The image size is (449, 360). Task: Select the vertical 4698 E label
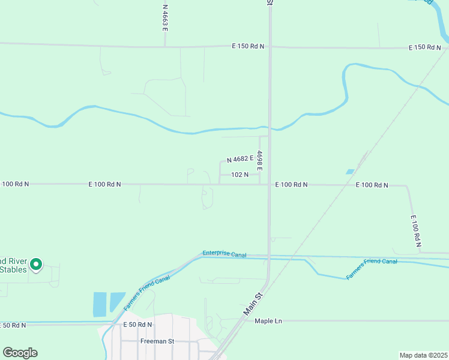coord(260,160)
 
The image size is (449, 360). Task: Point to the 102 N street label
coord(240,175)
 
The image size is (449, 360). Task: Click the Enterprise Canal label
coord(224,254)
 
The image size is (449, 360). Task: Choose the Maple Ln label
coord(268,321)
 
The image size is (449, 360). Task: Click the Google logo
coord(20,353)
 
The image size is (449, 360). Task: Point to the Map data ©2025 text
coord(424,355)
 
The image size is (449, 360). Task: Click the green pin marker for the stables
coord(36,264)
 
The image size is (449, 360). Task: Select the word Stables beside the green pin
coord(13,269)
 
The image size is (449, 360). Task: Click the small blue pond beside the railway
coord(350,172)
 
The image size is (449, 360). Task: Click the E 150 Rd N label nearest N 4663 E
coord(249,46)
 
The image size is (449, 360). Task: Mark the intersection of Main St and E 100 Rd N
coord(269,185)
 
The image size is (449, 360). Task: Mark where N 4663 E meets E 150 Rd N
coord(165,46)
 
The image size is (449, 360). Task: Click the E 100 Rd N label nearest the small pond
coord(372,185)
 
